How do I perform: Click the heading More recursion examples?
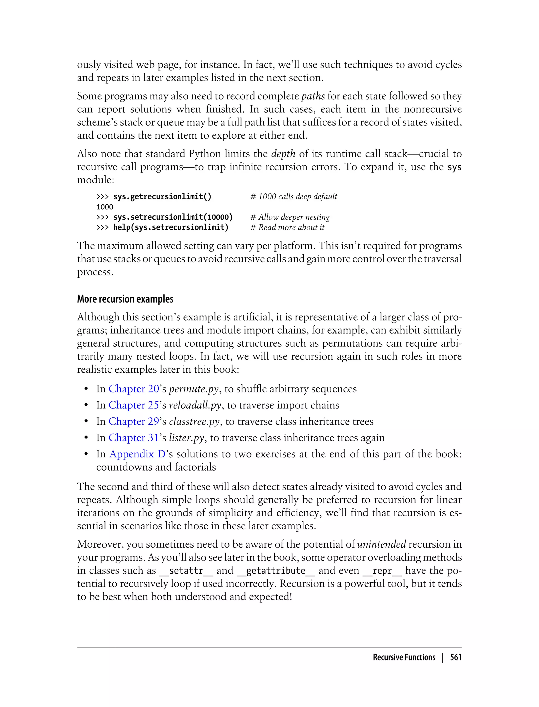click(125, 299)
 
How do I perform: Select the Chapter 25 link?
click(134, 405)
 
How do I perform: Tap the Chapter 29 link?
click(134, 421)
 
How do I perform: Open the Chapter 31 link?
click(134, 438)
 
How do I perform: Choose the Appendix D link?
click(137, 454)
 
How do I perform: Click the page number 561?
click(456, 657)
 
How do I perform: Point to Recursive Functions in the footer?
click(404, 657)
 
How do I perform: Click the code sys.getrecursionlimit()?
click(162, 196)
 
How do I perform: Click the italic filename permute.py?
click(194, 389)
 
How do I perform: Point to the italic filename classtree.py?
click(194, 421)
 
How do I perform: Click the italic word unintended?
click(381, 544)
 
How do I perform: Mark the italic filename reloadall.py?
click(195, 405)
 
